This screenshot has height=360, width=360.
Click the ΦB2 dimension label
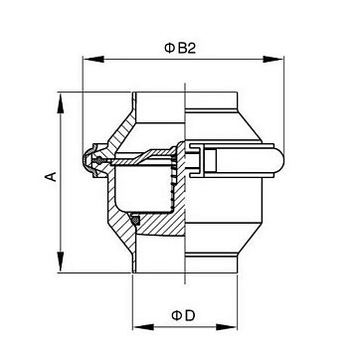(180, 49)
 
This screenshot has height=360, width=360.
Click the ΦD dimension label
(183, 315)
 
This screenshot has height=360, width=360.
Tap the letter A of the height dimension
(51, 176)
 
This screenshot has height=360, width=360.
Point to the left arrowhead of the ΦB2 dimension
(93, 59)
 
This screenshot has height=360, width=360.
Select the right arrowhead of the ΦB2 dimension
(273, 59)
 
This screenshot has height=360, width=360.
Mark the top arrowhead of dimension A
(61, 103)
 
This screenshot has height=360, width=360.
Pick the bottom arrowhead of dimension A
(61, 262)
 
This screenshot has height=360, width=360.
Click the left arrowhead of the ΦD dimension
(143, 327)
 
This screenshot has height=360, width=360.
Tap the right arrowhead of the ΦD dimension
(227, 327)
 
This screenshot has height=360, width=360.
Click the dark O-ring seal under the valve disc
(135, 220)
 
